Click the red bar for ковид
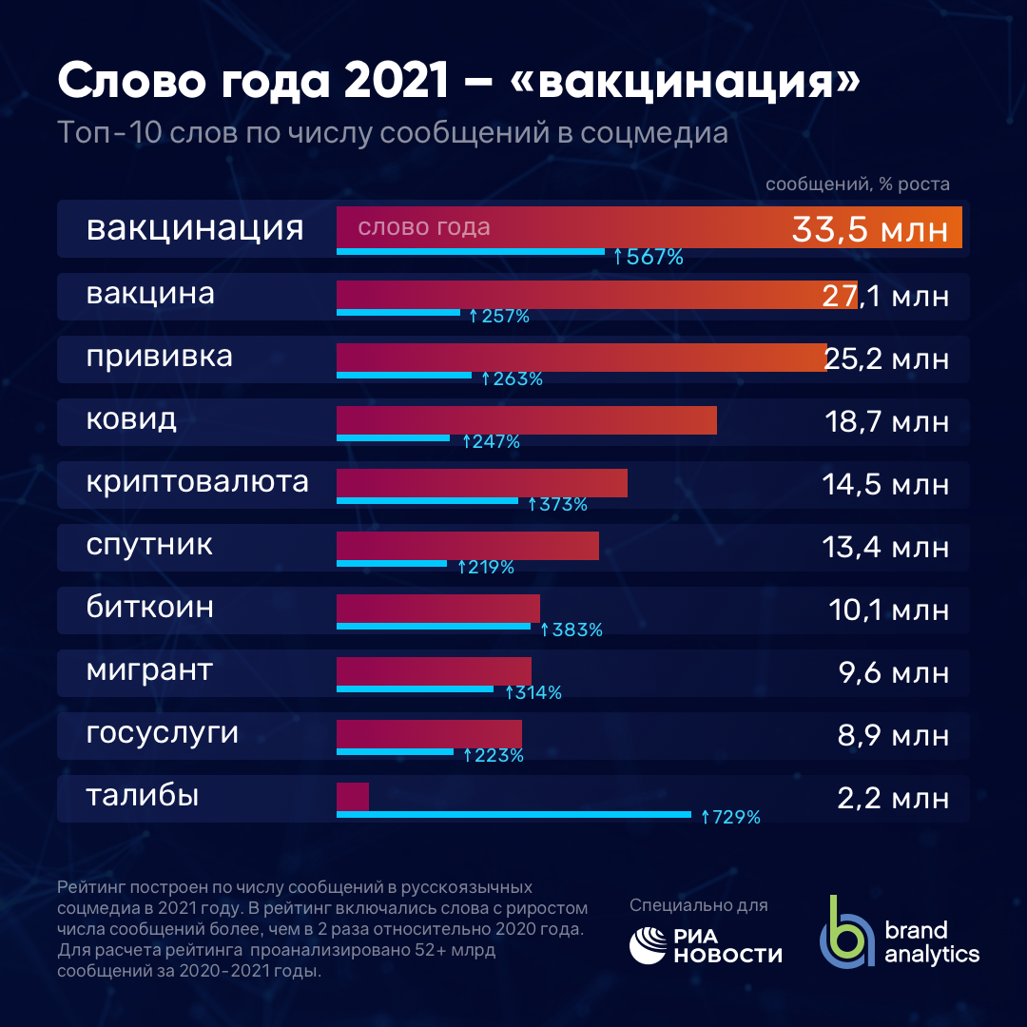pos(526,420)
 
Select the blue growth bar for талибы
pos(513,814)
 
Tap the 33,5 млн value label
pos(869,229)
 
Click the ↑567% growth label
pos(649,257)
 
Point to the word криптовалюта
pos(197,482)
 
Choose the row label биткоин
pos(149,608)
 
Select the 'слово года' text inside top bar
pos(423,228)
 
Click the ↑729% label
pos(730,817)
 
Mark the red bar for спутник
pos(468,546)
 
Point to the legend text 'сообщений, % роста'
pos(858,184)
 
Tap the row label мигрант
pos(149,670)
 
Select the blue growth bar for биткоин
pos(434,627)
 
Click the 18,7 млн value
pos(886,421)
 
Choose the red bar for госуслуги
pos(429,734)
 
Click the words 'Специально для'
pos(698,905)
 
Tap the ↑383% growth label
pos(571,630)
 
